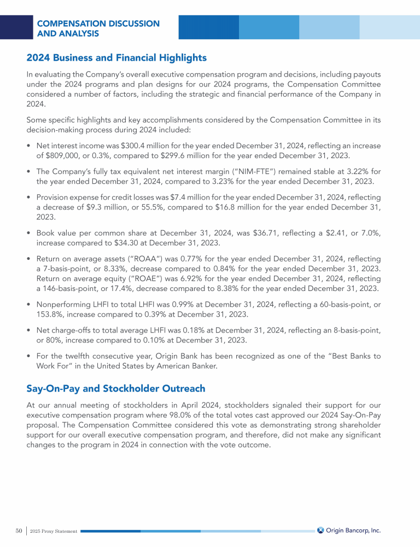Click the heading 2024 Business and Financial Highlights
[116, 57]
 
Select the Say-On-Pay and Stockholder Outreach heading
[115, 388]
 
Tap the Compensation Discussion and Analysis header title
[98, 28]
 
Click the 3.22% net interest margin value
[355, 171]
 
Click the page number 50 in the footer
[18, 531]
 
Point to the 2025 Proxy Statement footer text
[54, 531]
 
